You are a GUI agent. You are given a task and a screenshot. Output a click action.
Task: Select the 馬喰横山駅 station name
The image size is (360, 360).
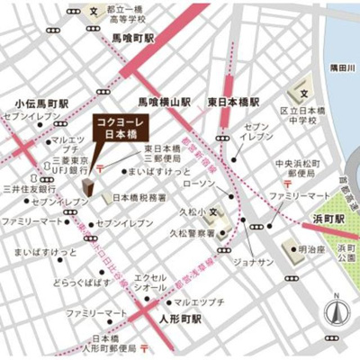[x=164, y=103]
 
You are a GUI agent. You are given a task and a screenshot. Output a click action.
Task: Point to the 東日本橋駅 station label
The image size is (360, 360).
[x=233, y=103]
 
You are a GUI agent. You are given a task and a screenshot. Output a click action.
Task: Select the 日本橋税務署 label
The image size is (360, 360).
[x=136, y=196]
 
